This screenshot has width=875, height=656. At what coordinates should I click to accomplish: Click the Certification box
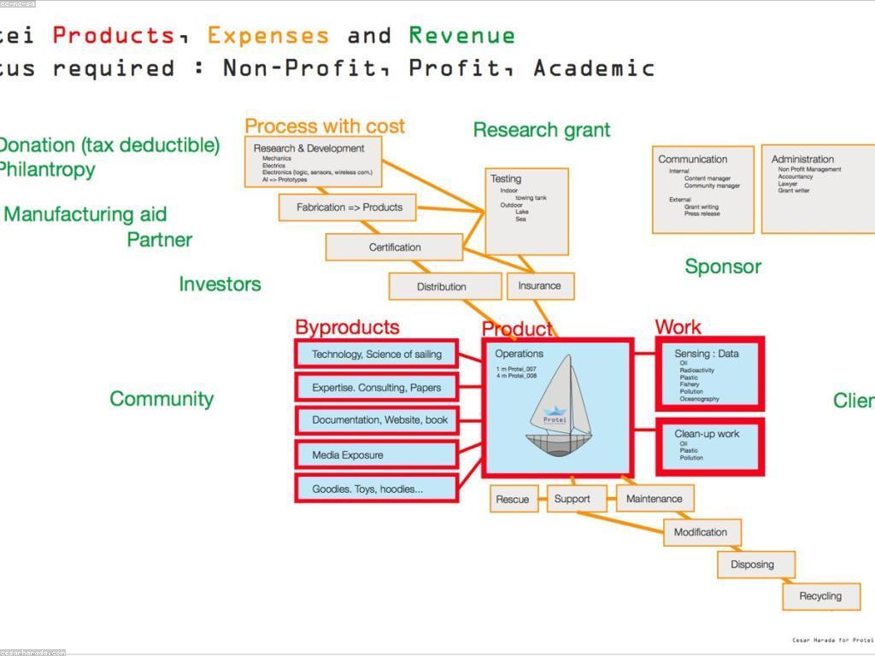click(394, 247)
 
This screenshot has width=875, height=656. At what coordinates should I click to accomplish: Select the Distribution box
click(444, 286)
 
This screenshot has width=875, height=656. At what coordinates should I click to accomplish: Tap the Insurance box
click(540, 285)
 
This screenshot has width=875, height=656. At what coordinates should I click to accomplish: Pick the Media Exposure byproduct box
click(376, 454)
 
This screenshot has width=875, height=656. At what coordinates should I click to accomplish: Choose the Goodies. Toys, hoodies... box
click(376, 489)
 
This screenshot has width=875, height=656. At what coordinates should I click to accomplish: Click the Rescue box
click(513, 499)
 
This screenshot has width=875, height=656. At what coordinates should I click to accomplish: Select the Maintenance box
click(654, 498)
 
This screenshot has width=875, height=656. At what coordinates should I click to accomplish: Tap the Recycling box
click(820, 596)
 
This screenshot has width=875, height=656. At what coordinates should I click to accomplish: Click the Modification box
click(702, 532)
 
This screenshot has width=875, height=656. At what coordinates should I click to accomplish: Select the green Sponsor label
click(723, 266)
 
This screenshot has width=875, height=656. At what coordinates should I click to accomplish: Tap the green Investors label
click(220, 284)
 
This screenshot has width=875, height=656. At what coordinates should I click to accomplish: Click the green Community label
click(161, 399)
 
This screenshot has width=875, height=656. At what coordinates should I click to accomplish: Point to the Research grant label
click(542, 130)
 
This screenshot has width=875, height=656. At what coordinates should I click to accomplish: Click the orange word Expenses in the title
click(267, 35)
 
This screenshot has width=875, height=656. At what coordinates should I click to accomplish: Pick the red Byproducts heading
click(347, 327)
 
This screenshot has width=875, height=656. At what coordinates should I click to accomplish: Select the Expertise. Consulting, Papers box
click(376, 387)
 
